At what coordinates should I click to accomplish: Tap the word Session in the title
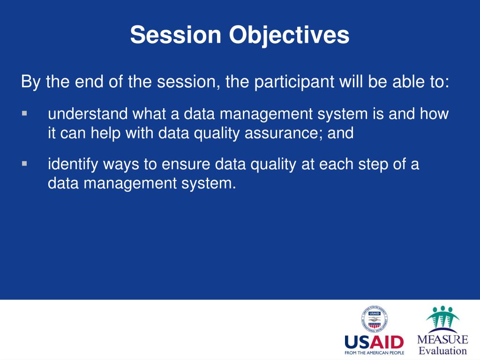point(175,34)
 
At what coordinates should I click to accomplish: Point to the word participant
point(294,82)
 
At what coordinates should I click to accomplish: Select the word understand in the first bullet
point(88,113)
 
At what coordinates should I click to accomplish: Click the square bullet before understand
point(24,113)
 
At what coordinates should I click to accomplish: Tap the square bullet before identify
point(24,164)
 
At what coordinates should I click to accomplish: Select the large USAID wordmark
point(374,342)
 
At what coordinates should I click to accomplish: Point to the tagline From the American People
point(374,353)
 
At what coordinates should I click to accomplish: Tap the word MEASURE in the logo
point(442,339)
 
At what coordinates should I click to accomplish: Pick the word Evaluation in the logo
point(442,351)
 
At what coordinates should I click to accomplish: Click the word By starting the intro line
point(30,82)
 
